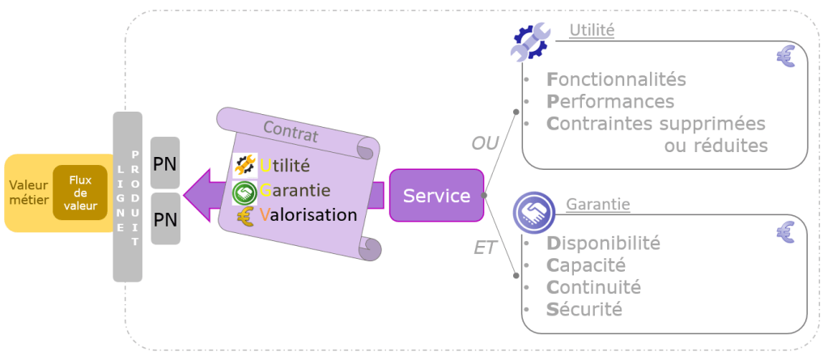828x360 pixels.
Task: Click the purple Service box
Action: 436,195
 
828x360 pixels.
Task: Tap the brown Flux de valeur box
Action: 80,193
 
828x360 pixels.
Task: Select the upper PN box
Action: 165,163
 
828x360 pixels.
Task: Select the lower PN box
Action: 165,218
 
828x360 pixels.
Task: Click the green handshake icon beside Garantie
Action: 244,192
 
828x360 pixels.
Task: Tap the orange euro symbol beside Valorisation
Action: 245,216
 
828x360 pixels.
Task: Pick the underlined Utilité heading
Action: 592,31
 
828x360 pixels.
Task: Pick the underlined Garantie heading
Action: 598,205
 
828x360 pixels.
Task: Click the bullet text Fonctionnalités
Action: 616,80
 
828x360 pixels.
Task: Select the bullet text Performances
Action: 610,102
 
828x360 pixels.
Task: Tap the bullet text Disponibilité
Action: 603,243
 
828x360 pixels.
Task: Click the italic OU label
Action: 485,143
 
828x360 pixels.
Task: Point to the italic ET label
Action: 485,248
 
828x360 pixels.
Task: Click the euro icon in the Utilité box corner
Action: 784,56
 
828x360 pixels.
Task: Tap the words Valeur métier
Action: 28,193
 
